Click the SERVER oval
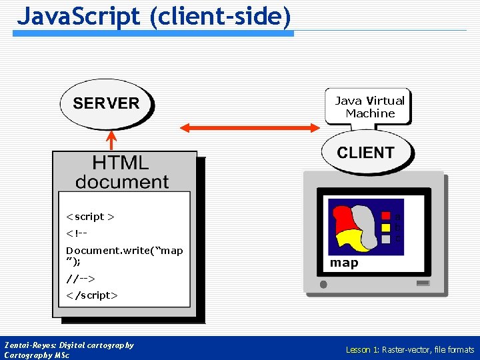coord(107,103)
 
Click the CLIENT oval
coord(365,152)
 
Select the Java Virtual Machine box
coord(369,107)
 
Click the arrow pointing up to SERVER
coord(112,140)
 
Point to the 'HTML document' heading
coord(122,172)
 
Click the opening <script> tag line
coord(90,217)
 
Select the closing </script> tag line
coord(92,295)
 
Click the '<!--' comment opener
coord(77,233)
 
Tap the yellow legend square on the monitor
coord(385,227)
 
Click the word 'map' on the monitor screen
coord(344,263)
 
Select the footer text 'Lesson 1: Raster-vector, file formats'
coord(409,349)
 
